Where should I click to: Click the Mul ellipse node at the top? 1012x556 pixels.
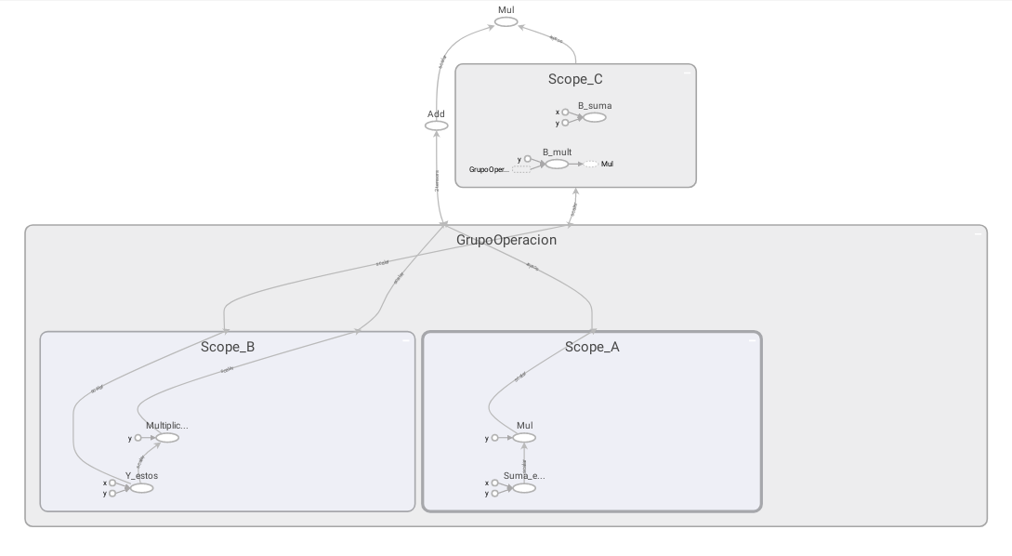click(506, 21)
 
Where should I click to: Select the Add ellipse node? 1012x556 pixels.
click(436, 126)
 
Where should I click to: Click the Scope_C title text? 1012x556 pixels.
click(575, 80)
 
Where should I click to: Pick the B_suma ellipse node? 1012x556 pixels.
click(595, 117)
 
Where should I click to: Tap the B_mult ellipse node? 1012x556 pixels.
click(557, 164)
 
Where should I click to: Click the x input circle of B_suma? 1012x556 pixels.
click(565, 113)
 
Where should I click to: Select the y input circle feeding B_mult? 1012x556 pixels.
click(528, 159)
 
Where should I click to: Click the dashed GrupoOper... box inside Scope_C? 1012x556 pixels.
click(521, 169)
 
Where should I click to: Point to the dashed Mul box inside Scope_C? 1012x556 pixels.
click(591, 164)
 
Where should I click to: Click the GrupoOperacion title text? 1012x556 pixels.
click(506, 240)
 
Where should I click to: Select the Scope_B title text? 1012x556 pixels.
click(228, 348)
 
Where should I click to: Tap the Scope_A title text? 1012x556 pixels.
click(592, 348)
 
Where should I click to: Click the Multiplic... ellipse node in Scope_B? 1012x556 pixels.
click(167, 438)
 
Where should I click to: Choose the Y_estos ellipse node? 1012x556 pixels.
click(141, 488)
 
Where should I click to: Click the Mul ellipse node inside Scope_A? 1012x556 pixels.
click(524, 438)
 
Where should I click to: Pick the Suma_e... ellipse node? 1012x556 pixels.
click(524, 488)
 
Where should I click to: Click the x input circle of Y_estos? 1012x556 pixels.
click(112, 483)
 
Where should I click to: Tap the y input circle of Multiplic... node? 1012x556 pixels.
click(138, 438)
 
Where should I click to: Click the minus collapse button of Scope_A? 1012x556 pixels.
click(751, 340)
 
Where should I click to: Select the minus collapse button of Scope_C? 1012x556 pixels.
click(687, 72)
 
